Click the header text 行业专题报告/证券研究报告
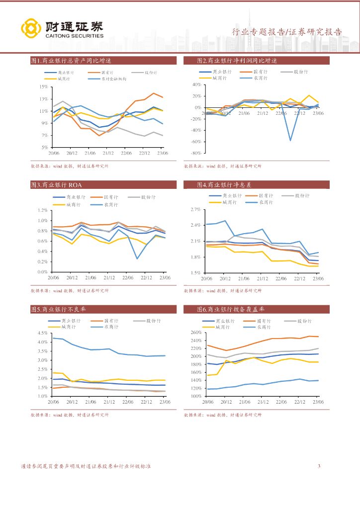click(x=287, y=32)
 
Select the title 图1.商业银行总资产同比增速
click(x=71, y=61)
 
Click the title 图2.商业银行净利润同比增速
click(x=237, y=61)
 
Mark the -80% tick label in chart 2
click(x=196, y=153)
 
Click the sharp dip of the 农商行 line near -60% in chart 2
click(x=290, y=140)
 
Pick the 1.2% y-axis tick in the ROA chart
click(x=42, y=210)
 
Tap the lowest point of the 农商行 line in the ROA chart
click(x=137, y=258)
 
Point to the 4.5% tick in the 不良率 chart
click(x=42, y=333)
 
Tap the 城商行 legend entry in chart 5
click(x=69, y=327)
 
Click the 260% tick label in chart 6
click(x=195, y=333)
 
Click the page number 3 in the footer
click(x=319, y=466)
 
